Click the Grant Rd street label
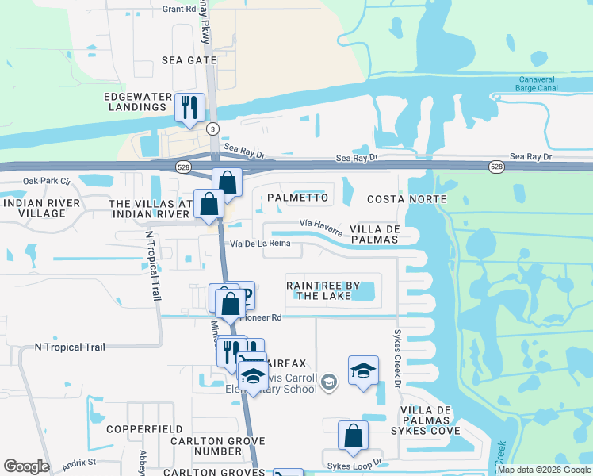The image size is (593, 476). [178, 10]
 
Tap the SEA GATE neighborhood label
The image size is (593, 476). [188, 59]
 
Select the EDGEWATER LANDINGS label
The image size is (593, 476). [139, 102]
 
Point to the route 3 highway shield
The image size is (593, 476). [212, 129]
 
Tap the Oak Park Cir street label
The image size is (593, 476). [47, 181]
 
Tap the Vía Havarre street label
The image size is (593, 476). [322, 227]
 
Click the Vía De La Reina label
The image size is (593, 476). [264, 244]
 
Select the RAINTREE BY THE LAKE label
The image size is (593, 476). [323, 290]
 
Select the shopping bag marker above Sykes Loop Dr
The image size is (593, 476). [353, 436]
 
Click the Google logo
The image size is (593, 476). [26, 466]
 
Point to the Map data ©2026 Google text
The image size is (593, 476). [543, 470]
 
